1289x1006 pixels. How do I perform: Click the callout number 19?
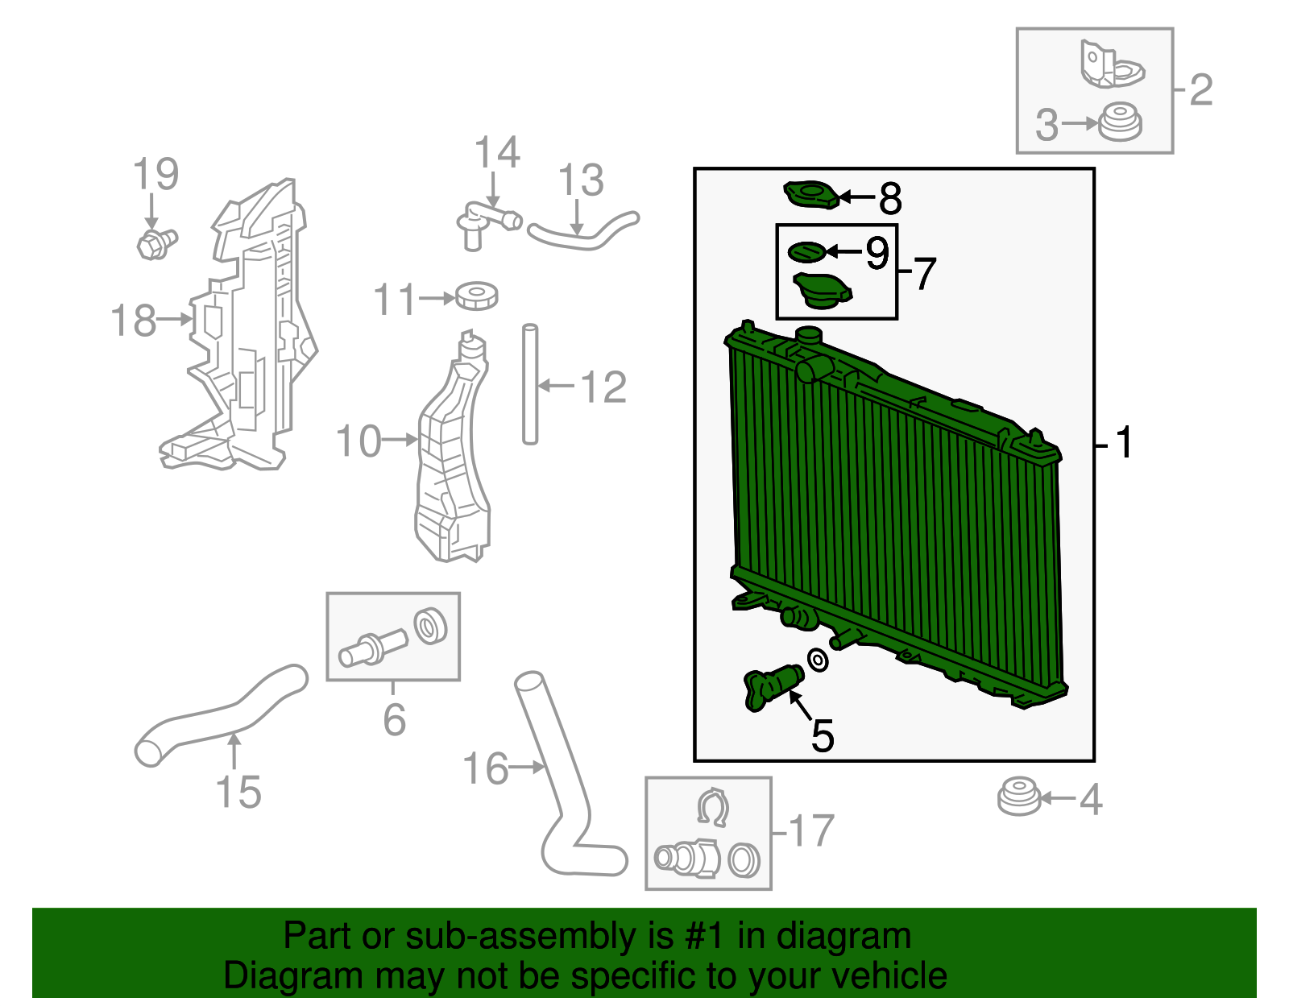[x=155, y=175]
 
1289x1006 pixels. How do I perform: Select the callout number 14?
[x=496, y=153]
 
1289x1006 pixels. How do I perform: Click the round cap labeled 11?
[x=476, y=296]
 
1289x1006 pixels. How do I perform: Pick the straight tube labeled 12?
[x=529, y=383]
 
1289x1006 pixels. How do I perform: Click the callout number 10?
[x=358, y=441]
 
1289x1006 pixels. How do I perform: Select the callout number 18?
[x=133, y=321]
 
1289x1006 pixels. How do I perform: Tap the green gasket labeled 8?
[x=811, y=195]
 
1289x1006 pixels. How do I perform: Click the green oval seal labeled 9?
[x=806, y=252]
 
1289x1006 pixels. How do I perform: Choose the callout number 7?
[x=924, y=274]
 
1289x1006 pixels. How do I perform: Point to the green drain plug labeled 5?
[x=773, y=687]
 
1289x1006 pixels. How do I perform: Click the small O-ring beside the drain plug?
[x=818, y=660]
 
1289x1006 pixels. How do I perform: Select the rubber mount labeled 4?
[x=1019, y=797]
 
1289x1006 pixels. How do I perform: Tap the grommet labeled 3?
[x=1121, y=123]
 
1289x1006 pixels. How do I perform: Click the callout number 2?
[x=1200, y=89]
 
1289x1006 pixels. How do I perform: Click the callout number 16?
[x=486, y=768]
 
